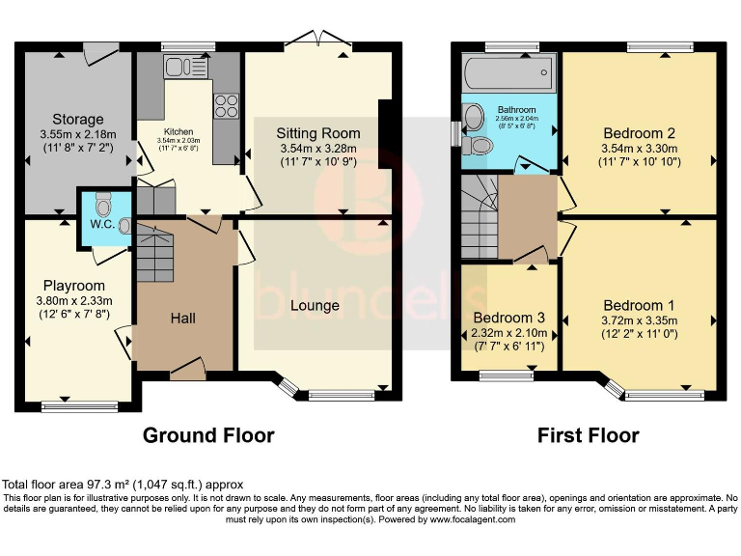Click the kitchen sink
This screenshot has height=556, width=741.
tap(179, 66)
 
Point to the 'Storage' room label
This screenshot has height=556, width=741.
tap(78, 120)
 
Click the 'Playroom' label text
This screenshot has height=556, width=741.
tap(73, 286)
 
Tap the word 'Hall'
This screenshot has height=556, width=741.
tap(185, 317)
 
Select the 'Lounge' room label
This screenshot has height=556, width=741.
tap(315, 306)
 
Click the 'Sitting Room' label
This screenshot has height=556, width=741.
tap(318, 133)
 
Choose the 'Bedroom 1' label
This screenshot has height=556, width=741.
tap(633, 306)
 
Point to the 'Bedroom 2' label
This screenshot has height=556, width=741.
tap(638, 133)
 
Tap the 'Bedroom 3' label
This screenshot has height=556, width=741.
tap(508, 318)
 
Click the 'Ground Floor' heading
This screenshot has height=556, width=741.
tap(208, 435)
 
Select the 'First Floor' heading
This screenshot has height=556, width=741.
tap(588, 435)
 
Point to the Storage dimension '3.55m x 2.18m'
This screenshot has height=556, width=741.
tap(78, 135)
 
